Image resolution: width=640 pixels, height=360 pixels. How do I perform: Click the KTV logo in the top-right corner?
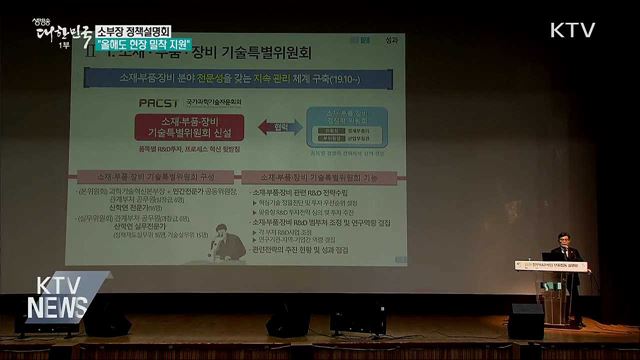[x=573, y=30]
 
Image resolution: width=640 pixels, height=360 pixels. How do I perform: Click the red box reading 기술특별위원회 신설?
[x=191, y=127]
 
